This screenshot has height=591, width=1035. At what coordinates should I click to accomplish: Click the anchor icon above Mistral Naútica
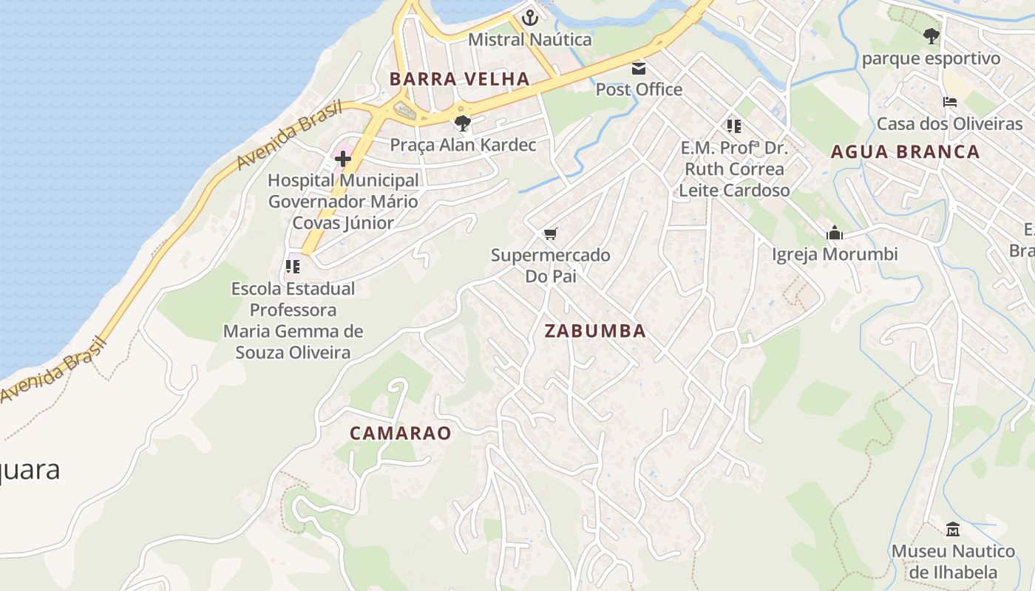point(530,18)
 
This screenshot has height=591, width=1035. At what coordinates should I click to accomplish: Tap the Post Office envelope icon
point(639,69)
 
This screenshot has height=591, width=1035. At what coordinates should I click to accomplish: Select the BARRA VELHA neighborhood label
point(460,79)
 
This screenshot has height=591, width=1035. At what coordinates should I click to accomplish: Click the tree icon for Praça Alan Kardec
point(463,123)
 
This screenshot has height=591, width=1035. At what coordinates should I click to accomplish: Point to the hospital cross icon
point(343,158)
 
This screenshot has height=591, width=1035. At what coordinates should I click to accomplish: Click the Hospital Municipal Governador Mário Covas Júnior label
point(343,201)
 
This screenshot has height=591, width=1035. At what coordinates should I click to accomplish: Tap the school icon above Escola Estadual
point(293,266)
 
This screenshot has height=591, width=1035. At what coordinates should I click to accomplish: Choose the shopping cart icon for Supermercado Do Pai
point(550,233)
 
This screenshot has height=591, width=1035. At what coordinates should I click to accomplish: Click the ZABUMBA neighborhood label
point(595,331)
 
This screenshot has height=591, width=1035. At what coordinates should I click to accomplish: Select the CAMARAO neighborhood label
point(400,434)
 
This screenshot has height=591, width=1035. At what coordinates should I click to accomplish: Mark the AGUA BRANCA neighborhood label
point(905,152)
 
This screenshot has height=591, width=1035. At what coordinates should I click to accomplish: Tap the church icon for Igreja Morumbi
point(835,233)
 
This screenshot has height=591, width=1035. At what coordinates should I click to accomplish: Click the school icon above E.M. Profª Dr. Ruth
point(733,126)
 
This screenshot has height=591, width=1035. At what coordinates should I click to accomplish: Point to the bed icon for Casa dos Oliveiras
point(950,102)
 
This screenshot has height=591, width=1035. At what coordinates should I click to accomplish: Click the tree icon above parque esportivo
point(931,35)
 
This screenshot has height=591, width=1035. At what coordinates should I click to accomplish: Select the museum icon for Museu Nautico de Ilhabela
point(953,529)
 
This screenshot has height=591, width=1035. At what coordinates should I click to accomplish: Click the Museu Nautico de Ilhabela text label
point(953,561)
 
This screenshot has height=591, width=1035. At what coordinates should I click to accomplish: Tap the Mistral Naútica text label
point(530,39)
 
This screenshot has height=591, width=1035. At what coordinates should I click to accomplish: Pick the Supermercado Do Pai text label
point(551,266)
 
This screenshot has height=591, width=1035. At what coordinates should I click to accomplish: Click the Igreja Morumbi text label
point(835,254)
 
